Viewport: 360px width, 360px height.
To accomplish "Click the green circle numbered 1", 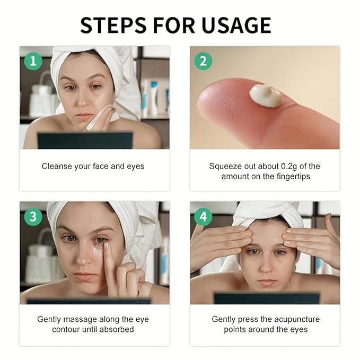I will coord(33,60).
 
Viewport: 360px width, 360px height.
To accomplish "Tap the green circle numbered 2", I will coord(203,60).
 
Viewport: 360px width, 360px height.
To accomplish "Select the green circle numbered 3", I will coord(33,216).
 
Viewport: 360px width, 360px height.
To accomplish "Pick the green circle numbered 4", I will coord(203,216).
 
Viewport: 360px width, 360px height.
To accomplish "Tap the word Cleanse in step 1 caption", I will coord(58,166).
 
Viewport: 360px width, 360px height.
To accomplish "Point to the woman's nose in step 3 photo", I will coord(83,257).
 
